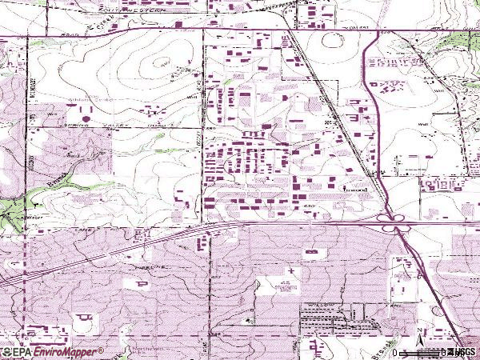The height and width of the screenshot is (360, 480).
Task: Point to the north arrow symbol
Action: tap(419, 330)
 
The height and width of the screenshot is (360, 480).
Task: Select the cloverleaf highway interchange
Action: tap(392, 219)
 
